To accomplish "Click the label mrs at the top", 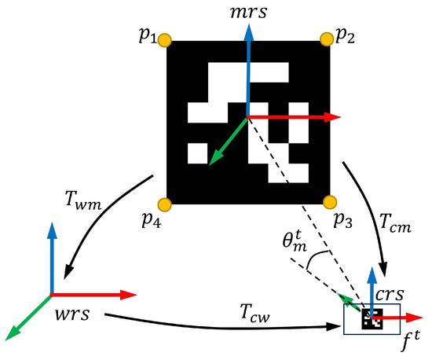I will point(248,12).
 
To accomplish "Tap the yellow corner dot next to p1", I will point(165,39).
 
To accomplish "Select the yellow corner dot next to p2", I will point(328,39).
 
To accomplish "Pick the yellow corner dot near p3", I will point(329,201).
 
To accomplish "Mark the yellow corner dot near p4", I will point(165,202).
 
